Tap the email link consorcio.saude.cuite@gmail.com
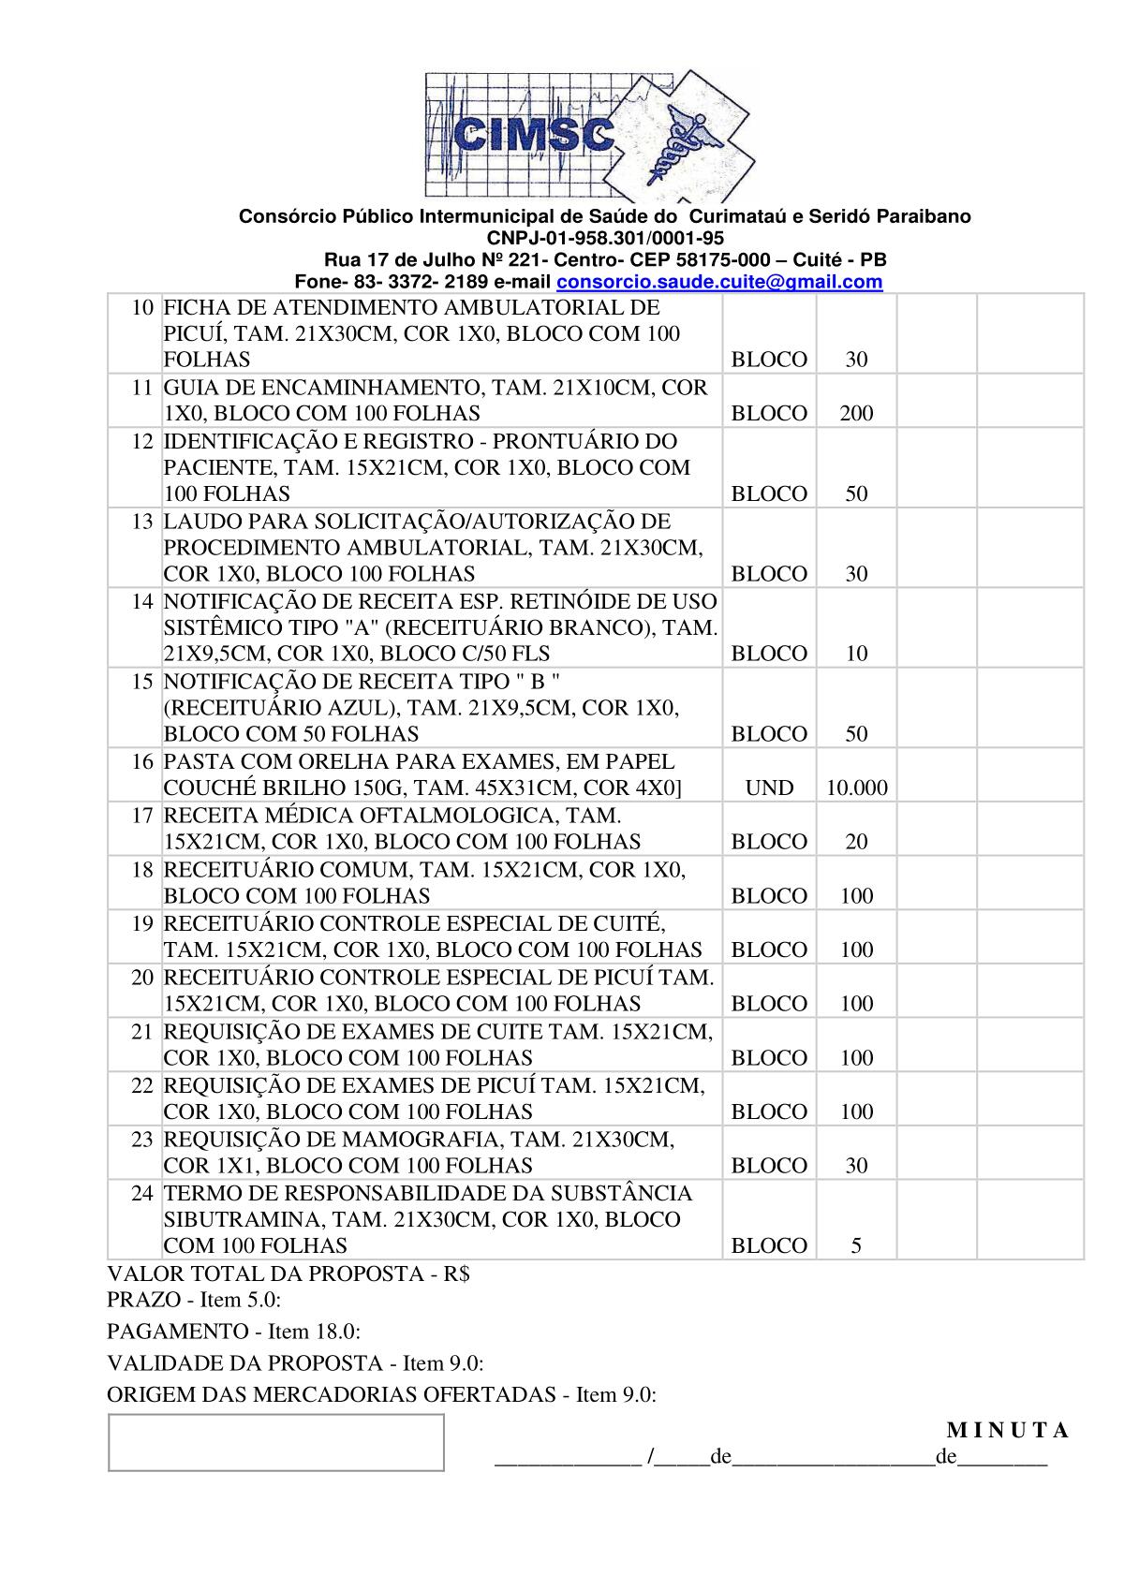[719, 282]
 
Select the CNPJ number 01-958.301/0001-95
[605, 238]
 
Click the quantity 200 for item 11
[856, 413]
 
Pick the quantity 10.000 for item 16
[856, 788]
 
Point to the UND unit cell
[769, 788]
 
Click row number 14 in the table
[141, 601]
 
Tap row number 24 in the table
[141, 1193]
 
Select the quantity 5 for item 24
[856, 1245]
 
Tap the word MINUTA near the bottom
[1007, 1430]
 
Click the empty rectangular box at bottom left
[275, 1442]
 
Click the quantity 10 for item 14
[856, 654]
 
